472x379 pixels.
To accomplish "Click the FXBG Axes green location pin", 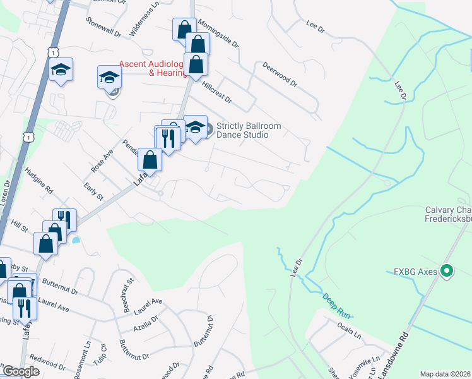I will pyautogui.click(x=447, y=272).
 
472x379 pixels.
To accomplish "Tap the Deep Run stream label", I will pyautogui.click(x=336, y=304).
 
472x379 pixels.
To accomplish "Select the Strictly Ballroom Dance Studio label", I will pyautogui.click(x=248, y=131).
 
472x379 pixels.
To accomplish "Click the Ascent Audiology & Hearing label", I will pyautogui.click(x=153, y=68).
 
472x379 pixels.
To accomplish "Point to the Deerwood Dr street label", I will pyautogui.click(x=279, y=75).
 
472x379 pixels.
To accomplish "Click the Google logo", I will pyautogui.click(x=21, y=371).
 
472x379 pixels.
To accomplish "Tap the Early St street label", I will pyautogui.click(x=93, y=191).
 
